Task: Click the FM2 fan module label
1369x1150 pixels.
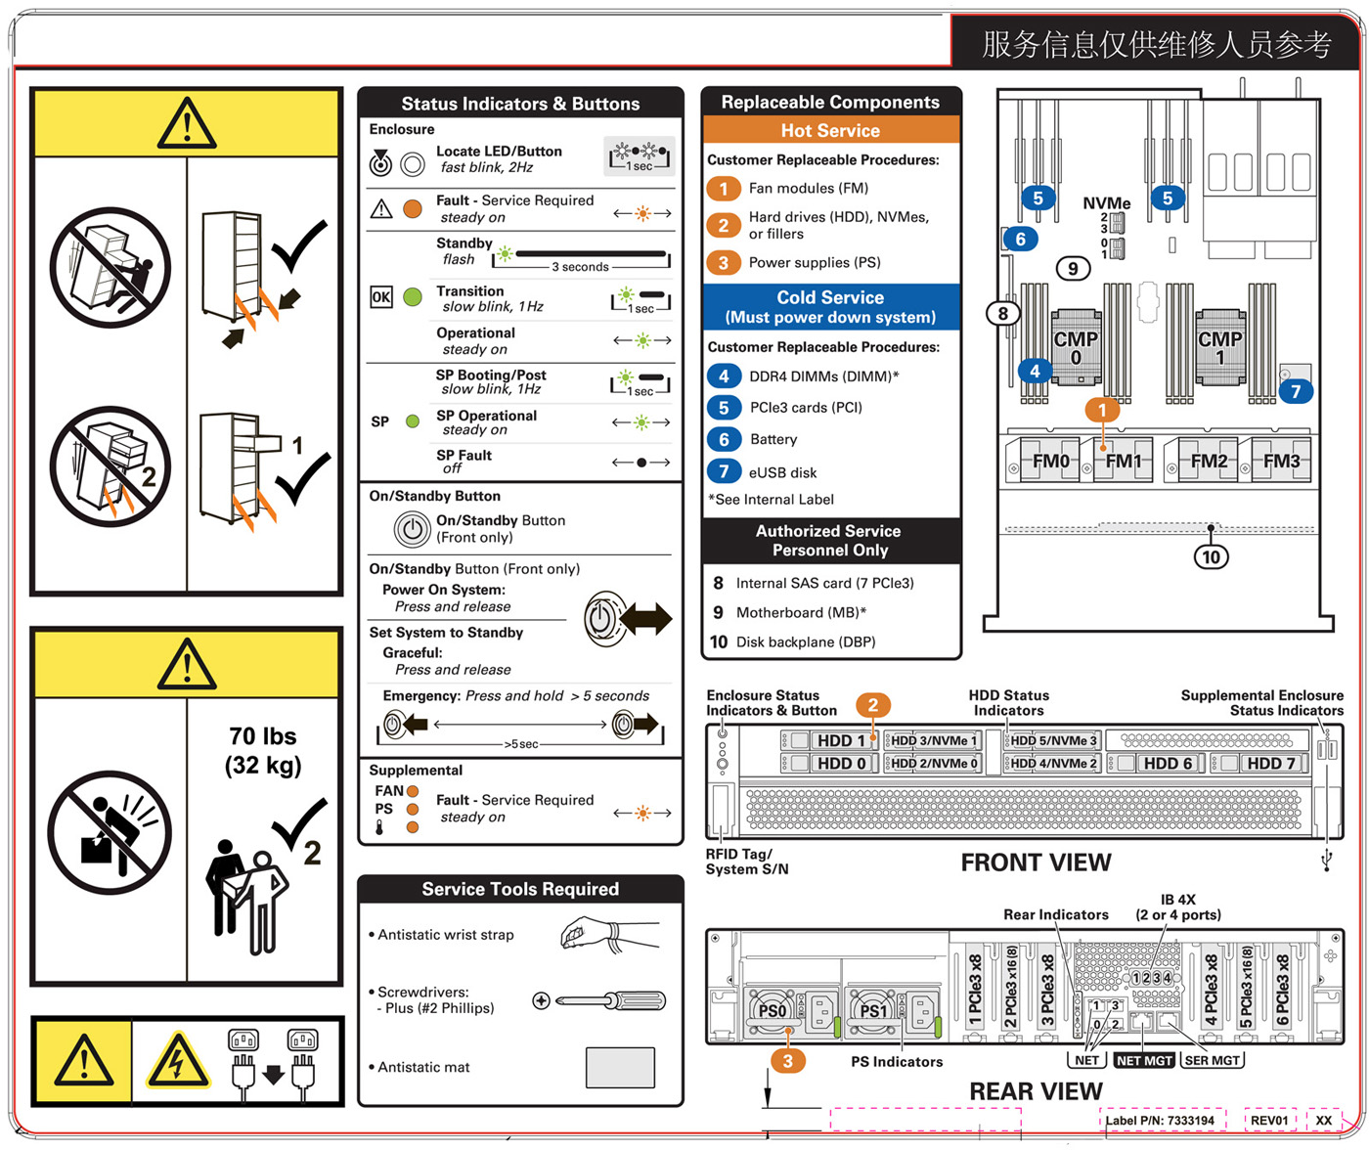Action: coord(1209,461)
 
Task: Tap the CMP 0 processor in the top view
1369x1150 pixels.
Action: coord(1076,347)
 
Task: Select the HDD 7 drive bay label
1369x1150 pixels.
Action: coord(1270,764)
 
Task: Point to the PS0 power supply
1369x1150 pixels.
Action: coord(773,1011)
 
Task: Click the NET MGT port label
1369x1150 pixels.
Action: coord(1143,1060)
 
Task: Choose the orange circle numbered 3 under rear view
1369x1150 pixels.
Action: coord(787,1060)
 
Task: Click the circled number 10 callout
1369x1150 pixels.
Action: coord(1211,556)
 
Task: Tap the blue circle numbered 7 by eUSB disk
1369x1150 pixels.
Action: coord(724,471)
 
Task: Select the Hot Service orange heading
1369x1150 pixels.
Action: coord(830,131)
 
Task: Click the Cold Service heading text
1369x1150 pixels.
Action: coord(830,297)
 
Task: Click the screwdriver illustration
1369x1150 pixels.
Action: coord(599,1000)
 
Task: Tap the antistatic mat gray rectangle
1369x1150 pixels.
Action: coord(620,1067)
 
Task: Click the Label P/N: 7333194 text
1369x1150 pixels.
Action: coord(1161,1121)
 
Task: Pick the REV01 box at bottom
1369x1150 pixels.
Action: coord(1269,1121)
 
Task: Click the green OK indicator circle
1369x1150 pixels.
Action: coord(413,297)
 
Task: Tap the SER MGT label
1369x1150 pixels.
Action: coord(1212,1060)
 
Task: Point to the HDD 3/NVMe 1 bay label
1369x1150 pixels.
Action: coord(933,741)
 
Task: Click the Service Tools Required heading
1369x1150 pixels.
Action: coord(520,889)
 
